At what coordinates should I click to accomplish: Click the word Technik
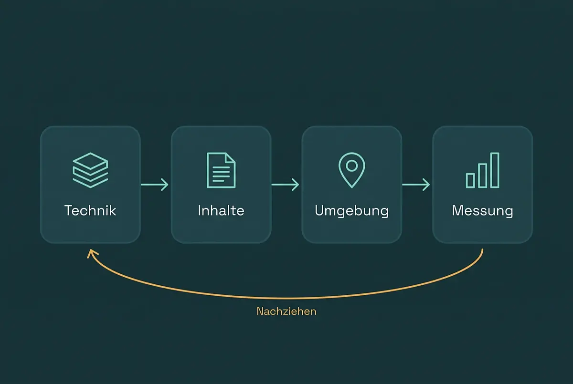click(90, 210)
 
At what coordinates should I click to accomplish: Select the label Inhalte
click(221, 210)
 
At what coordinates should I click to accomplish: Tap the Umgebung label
click(352, 211)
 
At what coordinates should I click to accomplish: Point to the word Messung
click(482, 211)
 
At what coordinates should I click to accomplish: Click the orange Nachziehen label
click(286, 311)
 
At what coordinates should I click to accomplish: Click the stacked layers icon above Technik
click(90, 170)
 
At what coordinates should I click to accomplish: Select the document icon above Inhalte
click(221, 170)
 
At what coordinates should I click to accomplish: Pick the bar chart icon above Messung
click(482, 170)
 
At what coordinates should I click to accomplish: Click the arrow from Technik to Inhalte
click(155, 185)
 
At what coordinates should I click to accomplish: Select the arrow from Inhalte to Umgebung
click(285, 185)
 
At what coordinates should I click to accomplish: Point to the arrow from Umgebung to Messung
click(416, 185)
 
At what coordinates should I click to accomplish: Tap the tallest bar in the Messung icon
click(495, 170)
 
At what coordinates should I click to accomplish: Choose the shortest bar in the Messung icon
click(470, 180)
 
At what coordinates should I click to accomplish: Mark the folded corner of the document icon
click(230, 157)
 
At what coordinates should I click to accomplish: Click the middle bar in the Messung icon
click(482, 176)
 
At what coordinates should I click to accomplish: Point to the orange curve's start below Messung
click(482, 249)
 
